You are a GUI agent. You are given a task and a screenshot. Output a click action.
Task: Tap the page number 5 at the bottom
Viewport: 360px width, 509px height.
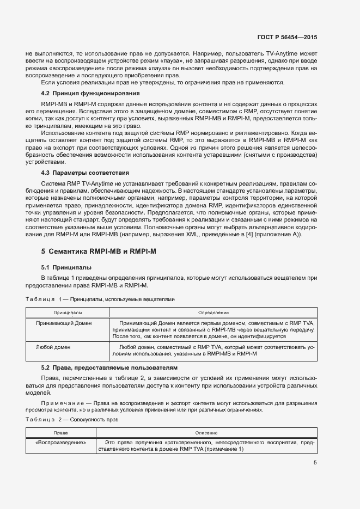pos(315,463)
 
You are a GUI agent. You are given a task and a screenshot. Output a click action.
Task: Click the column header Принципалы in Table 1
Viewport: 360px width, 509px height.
pos(68,313)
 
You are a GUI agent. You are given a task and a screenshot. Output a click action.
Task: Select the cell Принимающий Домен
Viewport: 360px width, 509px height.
pos(64,323)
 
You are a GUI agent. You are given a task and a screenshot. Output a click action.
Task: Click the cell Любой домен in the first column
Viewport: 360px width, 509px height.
pos(53,346)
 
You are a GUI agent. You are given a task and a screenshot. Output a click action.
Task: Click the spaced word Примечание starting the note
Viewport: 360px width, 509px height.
pos(58,403)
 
